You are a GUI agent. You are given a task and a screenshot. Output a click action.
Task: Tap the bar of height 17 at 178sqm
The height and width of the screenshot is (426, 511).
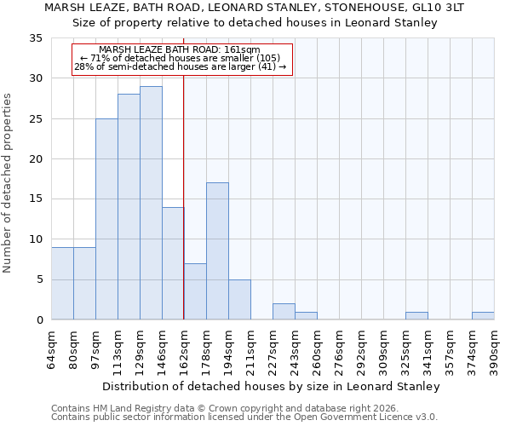tap(217, 251)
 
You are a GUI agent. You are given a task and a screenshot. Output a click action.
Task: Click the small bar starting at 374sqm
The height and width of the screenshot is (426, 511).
tap(483, 316)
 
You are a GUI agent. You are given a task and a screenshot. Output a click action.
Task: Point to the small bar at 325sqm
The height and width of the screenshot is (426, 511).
tap(416, 316)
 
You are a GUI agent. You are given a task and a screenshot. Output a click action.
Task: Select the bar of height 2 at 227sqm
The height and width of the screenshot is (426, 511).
tap(284, 312)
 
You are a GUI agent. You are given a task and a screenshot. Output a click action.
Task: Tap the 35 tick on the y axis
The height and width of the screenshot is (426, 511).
tap(36, 38)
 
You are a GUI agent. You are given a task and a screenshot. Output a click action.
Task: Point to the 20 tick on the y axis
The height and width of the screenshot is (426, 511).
tap(36, 159)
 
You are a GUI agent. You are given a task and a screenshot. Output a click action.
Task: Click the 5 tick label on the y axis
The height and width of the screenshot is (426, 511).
tap(39, 280)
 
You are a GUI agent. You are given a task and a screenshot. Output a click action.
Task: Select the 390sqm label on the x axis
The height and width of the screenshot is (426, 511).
tap(494, 351)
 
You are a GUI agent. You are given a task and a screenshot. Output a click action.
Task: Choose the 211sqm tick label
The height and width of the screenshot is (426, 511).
tap(250, 351)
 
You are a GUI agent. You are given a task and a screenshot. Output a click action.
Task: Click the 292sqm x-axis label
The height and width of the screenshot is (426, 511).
tap(361, 351)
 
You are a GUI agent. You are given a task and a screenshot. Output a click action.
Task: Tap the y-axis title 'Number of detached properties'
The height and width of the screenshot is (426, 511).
tap(8, 183)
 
